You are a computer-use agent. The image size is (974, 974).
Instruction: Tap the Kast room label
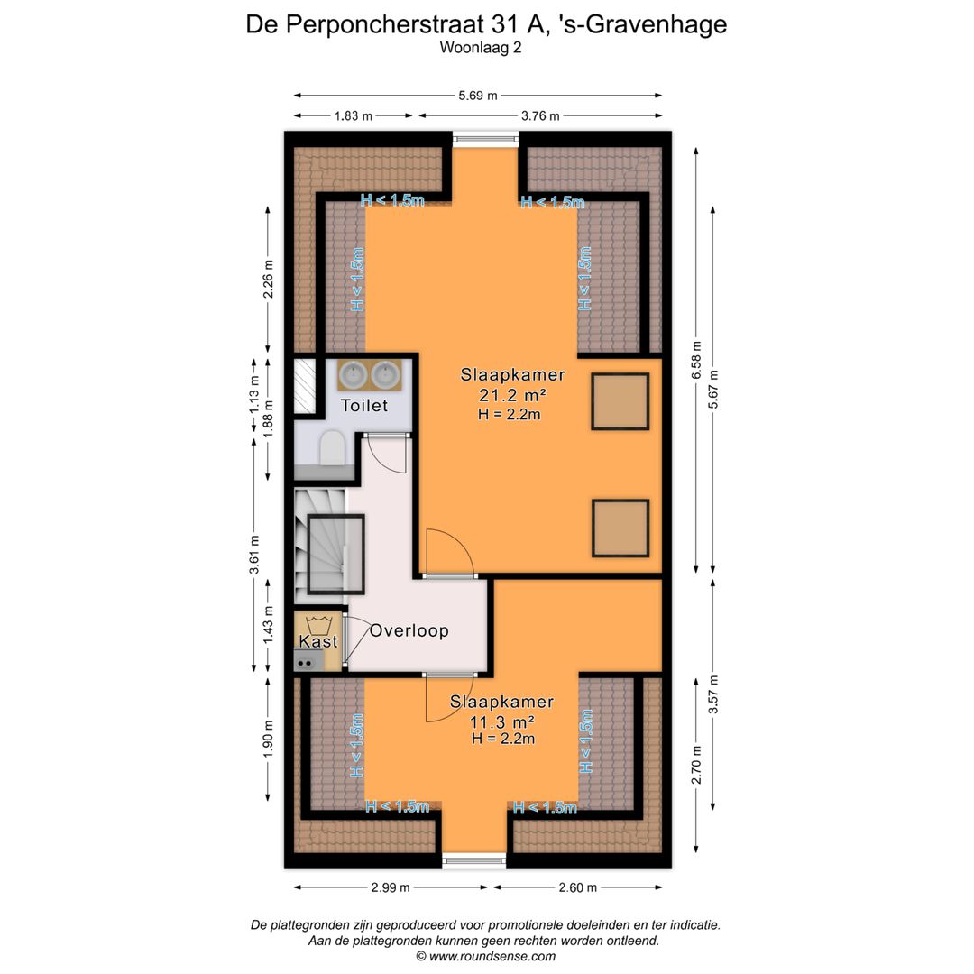[x=318, y=641]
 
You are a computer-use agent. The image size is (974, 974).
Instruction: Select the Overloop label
[x=409, y=630]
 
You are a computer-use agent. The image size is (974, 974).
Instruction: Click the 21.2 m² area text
[x=512, y=395]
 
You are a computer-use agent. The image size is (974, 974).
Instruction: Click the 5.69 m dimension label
[x=478, y=96]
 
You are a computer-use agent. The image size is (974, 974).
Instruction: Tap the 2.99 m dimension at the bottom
[x=390, y=887]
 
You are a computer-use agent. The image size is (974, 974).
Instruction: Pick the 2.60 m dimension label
[x=577, y=887]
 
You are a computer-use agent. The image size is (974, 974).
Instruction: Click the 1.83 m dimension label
[x=354, y=115]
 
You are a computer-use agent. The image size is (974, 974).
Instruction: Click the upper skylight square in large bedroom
[x=620, y=401]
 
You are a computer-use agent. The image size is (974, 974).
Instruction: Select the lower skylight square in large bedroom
[x=620, y=528]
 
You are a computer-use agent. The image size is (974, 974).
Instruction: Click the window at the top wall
[x=485, y=139]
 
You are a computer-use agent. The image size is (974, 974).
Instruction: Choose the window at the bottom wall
[x=474, y=861]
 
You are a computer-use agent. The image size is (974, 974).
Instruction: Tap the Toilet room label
[x=363, y=406]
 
